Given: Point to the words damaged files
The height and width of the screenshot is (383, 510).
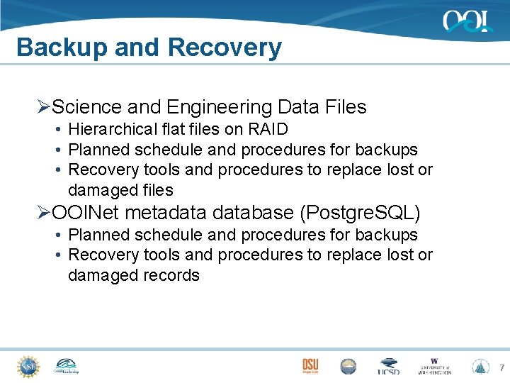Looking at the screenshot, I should coord(120,190).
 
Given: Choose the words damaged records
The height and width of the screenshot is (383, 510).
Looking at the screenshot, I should coord(134,275).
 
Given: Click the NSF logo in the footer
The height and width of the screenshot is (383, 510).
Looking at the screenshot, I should coord(28,366).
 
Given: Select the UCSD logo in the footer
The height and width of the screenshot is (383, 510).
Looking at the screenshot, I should coord(388,367).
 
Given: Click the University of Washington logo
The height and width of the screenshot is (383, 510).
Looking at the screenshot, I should coord(434,366).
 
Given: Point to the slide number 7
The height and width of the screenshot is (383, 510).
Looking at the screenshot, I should coord(501,367).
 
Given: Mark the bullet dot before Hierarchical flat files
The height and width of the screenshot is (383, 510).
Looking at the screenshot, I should coord(57,130).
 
